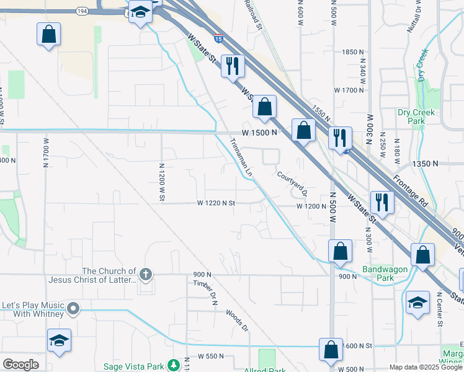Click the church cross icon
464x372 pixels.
(x=146, y=274)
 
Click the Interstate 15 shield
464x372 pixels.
(x=218, y=38)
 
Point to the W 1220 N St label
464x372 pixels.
(x=216, y=203)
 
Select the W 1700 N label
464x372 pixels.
(x=349, y=90)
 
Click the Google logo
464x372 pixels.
(x=20, y=365)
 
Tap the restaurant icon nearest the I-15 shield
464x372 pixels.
(x=233, y=65)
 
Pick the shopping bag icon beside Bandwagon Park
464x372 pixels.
(x=340, y=250)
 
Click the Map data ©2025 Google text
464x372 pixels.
(x=425, y=367)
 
